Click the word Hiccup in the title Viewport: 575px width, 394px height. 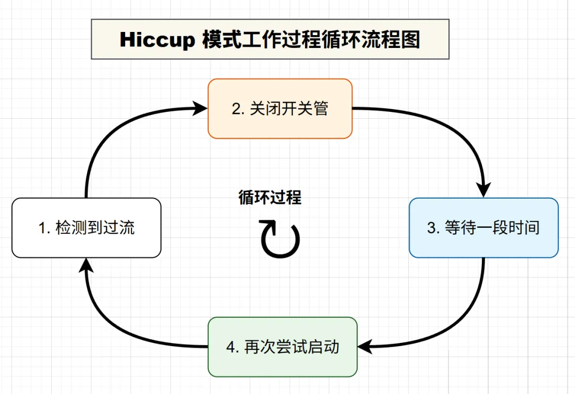pos(157,40)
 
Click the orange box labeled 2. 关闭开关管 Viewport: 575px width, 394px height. pos(280,109)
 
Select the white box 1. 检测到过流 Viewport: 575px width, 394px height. pos(86,228)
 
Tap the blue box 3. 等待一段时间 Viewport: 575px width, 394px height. pos(483,228)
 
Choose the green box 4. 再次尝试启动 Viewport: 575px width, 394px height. pos(282,347)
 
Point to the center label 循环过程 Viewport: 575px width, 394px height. pos(269,198)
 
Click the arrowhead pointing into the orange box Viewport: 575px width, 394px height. pos(200,109)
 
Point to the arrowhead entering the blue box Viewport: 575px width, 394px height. pos(483,190)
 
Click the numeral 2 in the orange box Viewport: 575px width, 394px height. pos(236,109)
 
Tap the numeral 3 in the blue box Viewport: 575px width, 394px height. pos(432,228)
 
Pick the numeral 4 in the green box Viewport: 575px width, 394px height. pos(231,348)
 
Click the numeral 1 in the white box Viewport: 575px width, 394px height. pos(43,228)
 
